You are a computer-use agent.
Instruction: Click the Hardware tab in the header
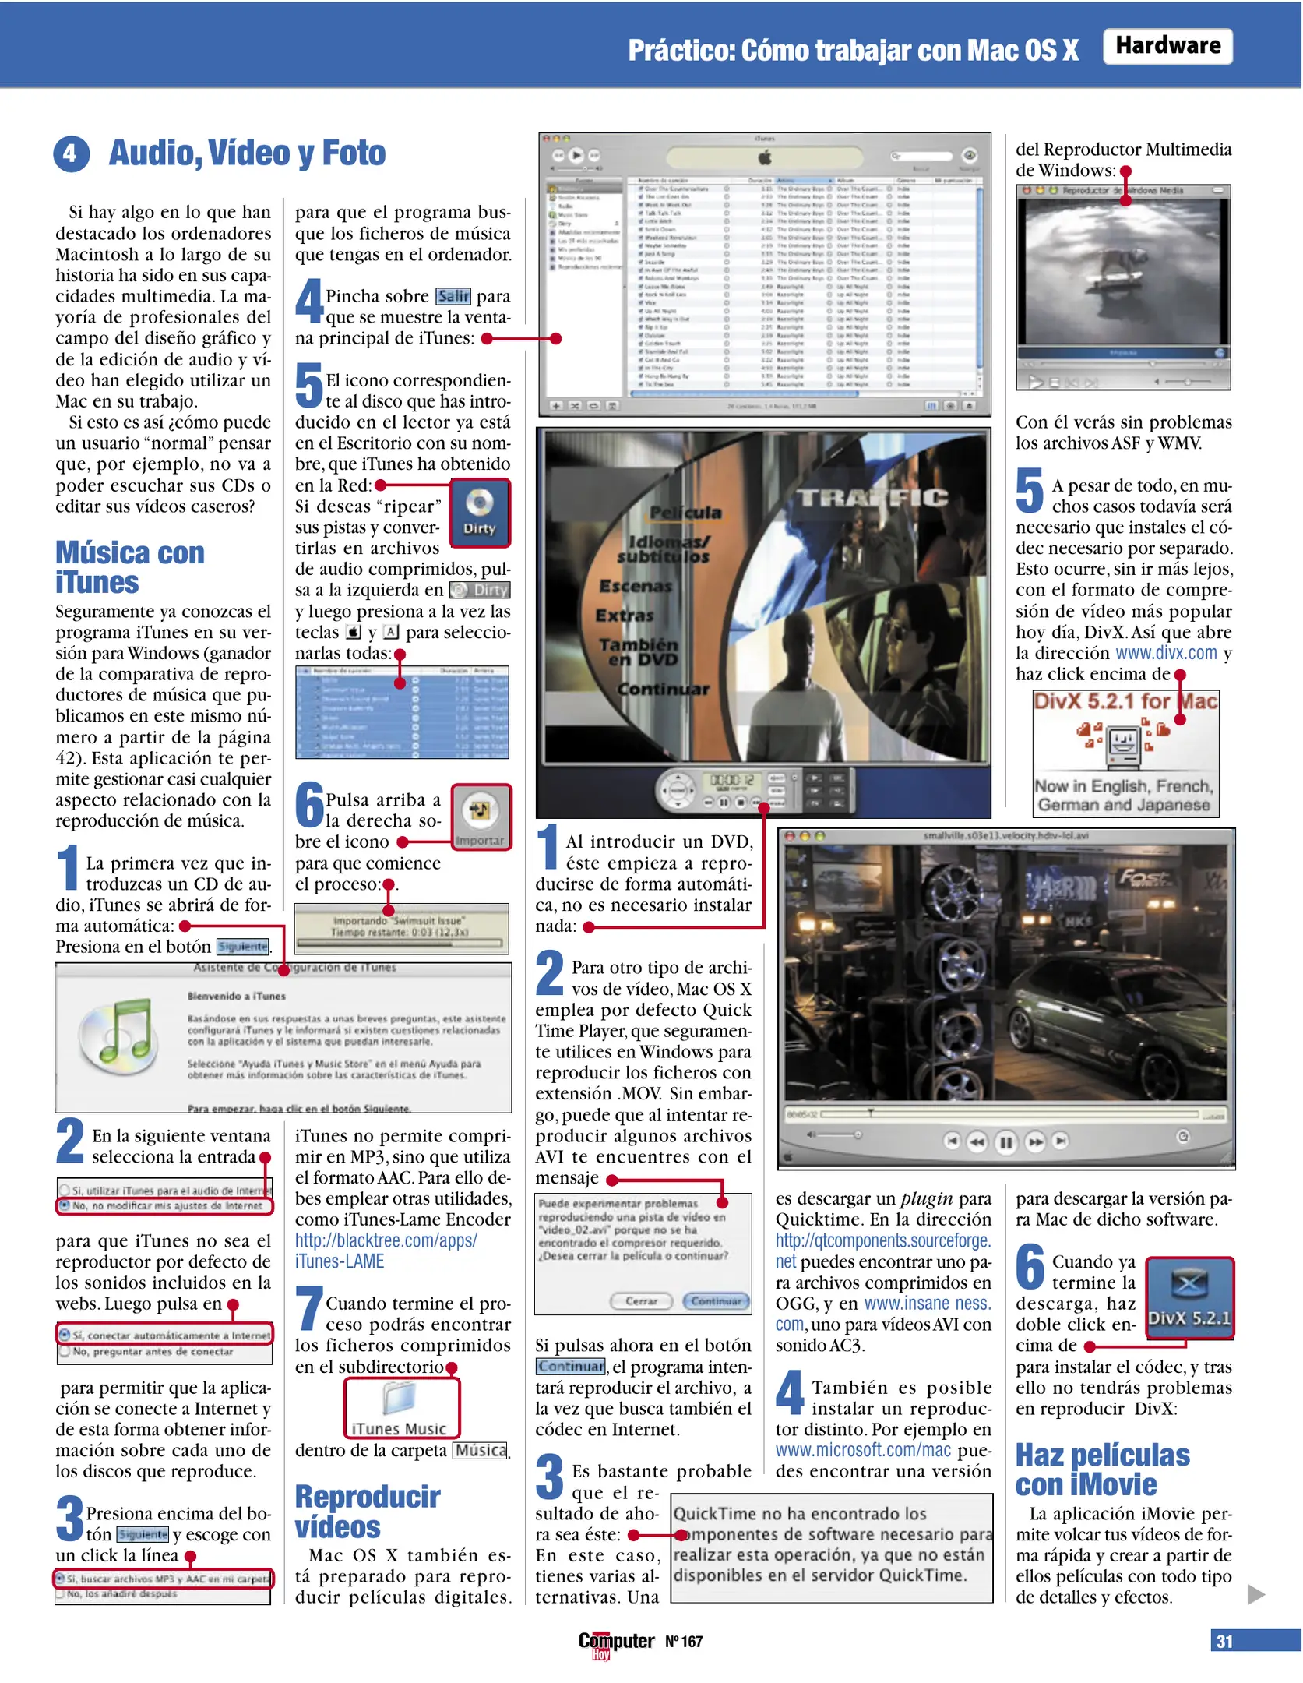tap(1167, 46)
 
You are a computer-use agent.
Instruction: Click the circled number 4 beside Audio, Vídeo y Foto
tap(70, 153)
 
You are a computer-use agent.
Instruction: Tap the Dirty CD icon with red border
tap(479, 512)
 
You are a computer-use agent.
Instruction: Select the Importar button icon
tap(481, 816)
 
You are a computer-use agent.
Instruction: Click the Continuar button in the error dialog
tap(716, 1300)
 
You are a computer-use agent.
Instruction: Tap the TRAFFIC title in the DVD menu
tap(872, 497)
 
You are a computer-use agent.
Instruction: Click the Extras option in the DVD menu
tap(624, 616)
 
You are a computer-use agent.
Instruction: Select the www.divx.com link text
tap(1165, 653)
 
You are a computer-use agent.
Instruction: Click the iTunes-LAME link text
tap(339, 1261)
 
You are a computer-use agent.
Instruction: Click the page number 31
tap(1224, 1641)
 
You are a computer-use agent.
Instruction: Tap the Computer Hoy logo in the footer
tap(615, 1642)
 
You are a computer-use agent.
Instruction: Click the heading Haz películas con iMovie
tap(1101, 1470)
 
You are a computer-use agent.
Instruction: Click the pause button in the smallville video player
tap(1005, 1142)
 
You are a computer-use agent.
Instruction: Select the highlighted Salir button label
tap(453, 296)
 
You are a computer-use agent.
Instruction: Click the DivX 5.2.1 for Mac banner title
tap(1125, 701)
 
